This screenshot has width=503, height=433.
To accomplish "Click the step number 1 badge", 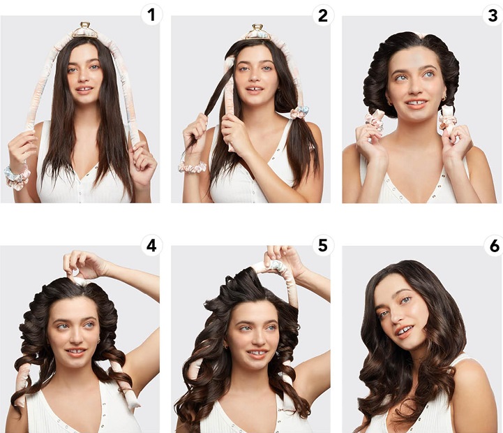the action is pos(151,15).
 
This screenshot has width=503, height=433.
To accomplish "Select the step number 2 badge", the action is pos(322,15).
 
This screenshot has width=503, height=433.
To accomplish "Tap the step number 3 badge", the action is pos(493,15).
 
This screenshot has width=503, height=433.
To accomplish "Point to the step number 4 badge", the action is pos(151,246).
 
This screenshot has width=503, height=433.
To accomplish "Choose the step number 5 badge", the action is pos(322,246).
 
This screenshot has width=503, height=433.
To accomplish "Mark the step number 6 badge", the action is pos(494,246).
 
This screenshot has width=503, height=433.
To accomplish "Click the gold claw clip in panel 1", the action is pos(84,30).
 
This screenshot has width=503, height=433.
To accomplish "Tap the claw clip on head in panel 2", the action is pos(255,32).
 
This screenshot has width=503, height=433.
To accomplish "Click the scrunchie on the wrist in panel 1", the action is pos(17,177).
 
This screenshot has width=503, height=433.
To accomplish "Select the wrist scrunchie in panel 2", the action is pos(193,168).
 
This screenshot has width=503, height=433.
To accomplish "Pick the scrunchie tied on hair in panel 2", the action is pos(299,112).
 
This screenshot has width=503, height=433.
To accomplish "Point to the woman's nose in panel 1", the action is pos(84,76).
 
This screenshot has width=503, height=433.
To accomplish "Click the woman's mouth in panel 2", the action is pos(255,89).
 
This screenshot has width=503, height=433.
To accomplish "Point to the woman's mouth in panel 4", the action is pos(76,351).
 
